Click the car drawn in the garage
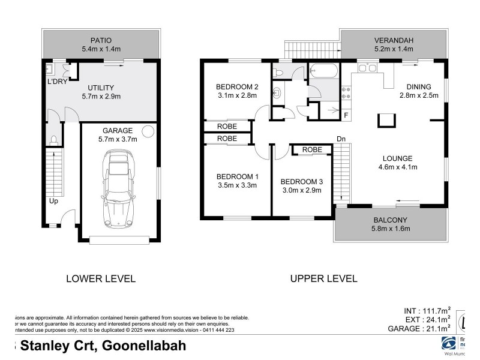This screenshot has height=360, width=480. click(x=118, y=189)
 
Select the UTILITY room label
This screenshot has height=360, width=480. click(x=101, y=87)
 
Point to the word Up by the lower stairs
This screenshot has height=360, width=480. click(x=54, y=201)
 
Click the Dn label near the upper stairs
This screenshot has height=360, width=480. click(x=341, y=139)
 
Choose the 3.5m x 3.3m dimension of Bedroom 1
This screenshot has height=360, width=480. click(x=237, y=185)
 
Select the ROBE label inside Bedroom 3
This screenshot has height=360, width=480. click(x=311, y=149)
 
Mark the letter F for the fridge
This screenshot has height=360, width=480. click(x=346, y=114)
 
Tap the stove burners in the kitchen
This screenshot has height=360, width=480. click(x=346, y=92)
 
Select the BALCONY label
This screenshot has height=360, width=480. click(x=391, y=220)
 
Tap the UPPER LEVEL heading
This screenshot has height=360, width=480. click(x=323, y=278)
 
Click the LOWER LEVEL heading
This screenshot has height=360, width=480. click(x=100, y=278)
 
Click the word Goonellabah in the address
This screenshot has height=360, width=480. click(x=144, y=346)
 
